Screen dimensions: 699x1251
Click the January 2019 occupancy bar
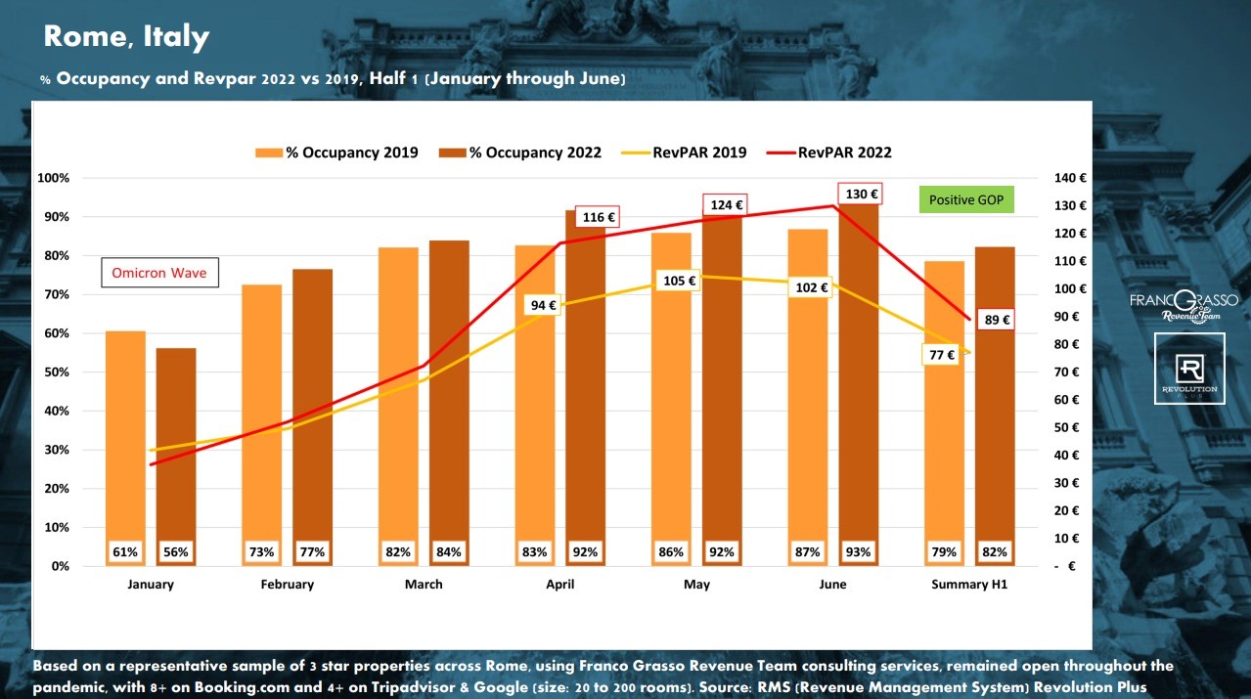coord(125,440)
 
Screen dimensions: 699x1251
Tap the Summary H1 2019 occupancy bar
coord(944,411)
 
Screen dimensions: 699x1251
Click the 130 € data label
coord(862,194)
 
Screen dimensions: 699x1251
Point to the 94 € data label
coord(544,305)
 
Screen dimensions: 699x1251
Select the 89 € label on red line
coord(997,319)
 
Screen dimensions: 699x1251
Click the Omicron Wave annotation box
coord(159,273)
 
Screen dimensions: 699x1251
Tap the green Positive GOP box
coord(966,199)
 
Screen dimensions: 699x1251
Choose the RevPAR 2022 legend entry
coord(830,153)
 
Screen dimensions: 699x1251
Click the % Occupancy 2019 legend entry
coord(337,153)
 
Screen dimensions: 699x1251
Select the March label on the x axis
coord(424,585)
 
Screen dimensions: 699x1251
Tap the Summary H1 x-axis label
coord(968,585)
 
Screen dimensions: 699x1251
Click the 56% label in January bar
coord(176,552)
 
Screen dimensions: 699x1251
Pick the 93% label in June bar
coord(859,552)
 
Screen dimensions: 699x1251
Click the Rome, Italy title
coord(126,37)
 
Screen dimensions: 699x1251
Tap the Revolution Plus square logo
coord(1189,369)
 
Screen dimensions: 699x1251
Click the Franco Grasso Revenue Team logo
coord(1184,305)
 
